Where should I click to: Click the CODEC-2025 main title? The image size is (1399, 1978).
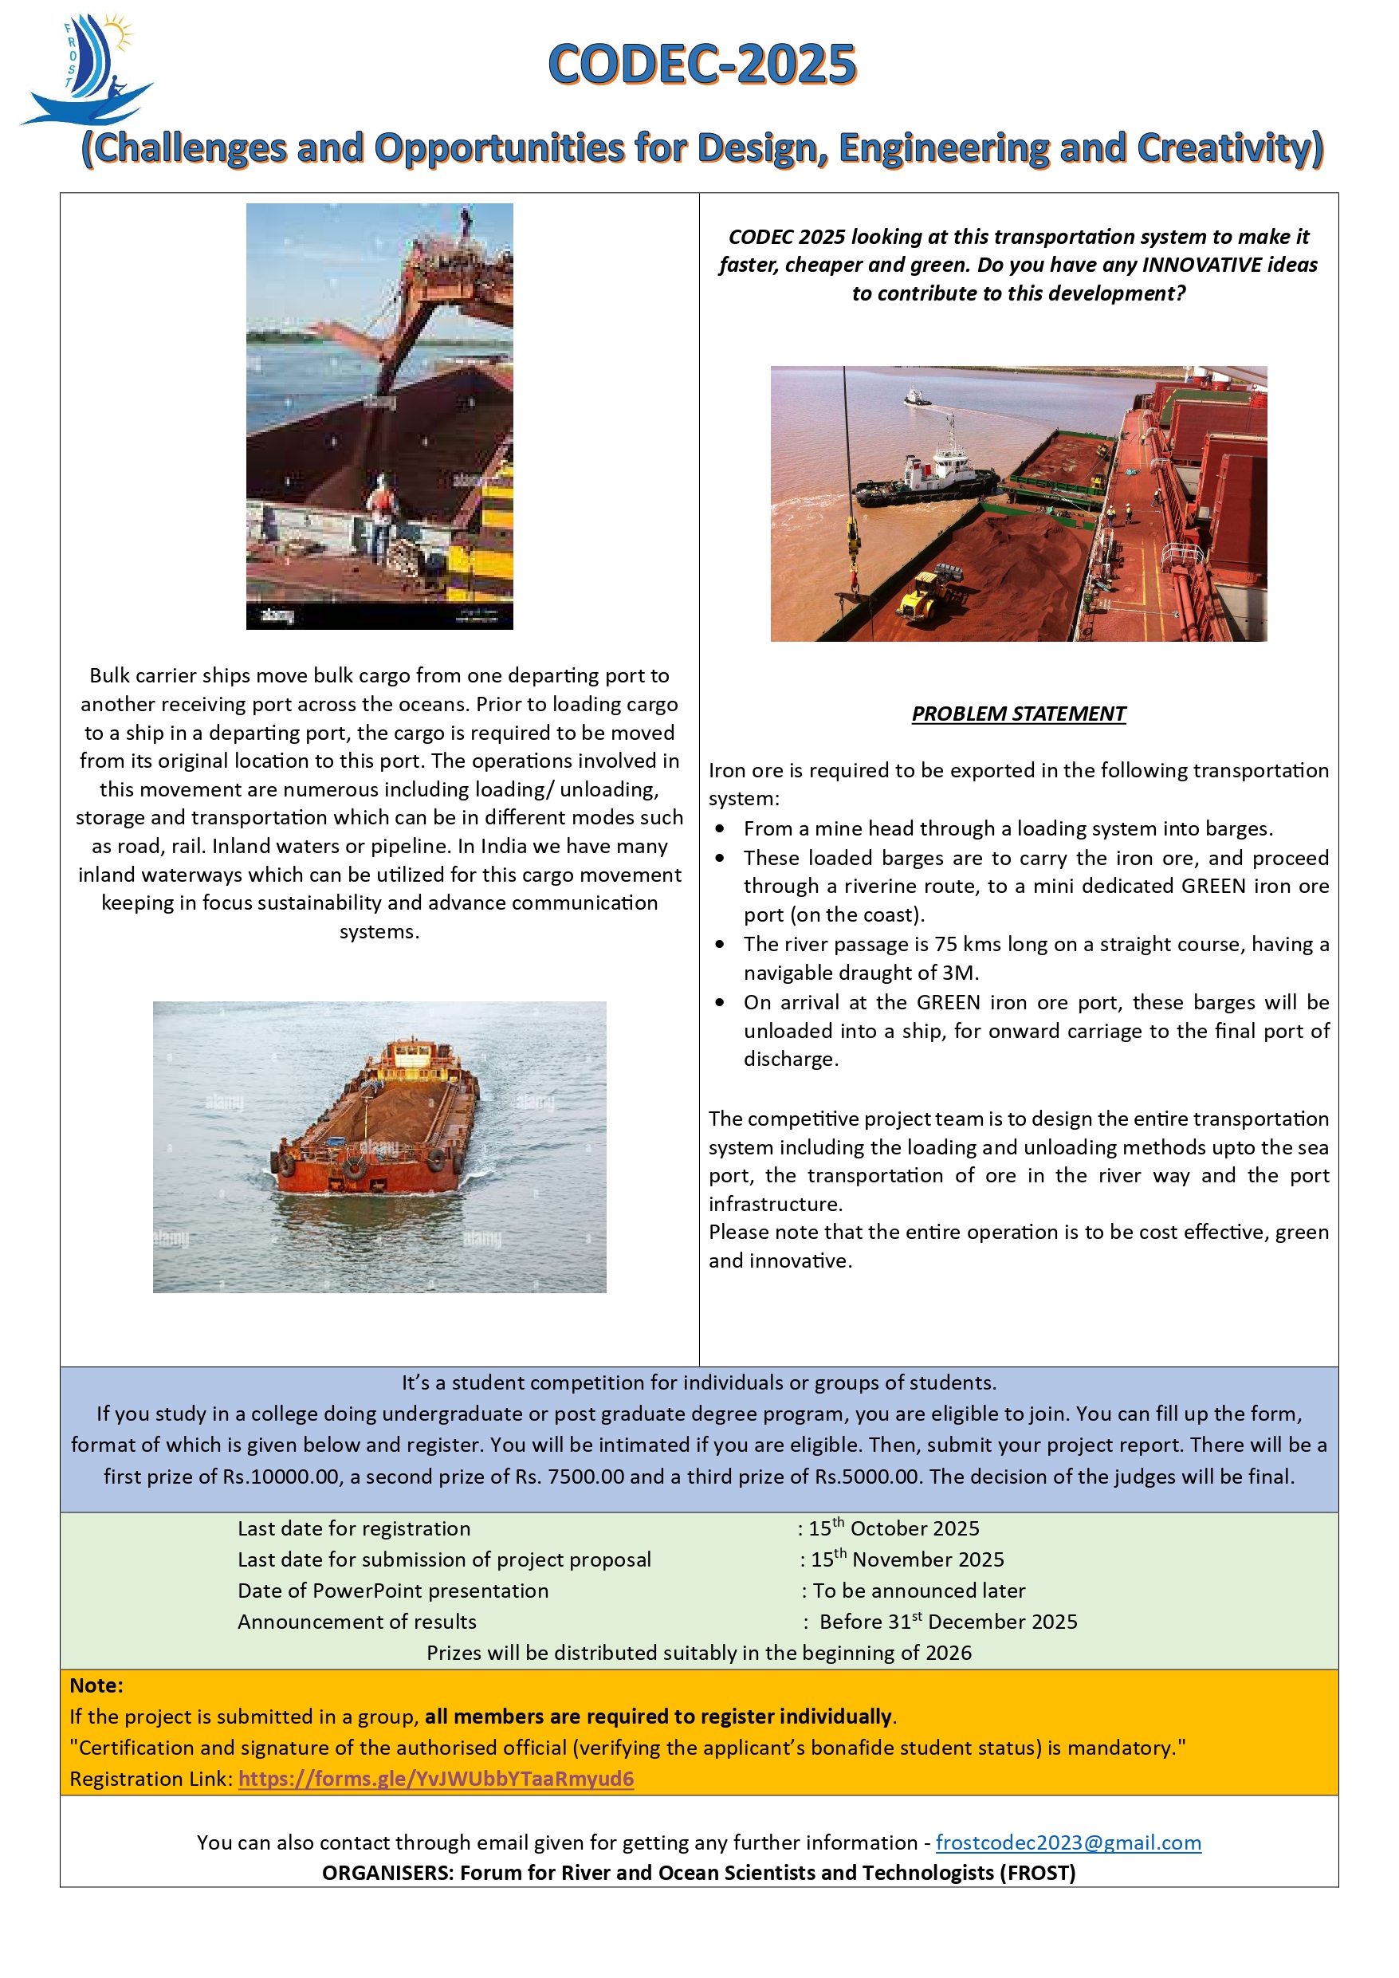click(702, 65)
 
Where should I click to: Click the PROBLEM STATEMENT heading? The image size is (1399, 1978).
click(1018, 714)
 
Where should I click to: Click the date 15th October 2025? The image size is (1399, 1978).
click(894, 1528)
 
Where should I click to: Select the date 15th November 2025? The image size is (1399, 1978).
click(907, 1559)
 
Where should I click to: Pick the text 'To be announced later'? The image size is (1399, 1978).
click(919, 1591)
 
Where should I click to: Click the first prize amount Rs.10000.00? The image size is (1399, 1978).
click(281, 1477)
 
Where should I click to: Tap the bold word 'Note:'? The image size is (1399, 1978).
click(96, 1685)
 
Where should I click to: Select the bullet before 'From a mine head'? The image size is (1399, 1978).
click(720, 829)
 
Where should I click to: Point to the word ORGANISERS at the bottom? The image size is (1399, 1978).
click(387, 1873)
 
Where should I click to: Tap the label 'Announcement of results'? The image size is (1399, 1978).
click(356, 1622)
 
